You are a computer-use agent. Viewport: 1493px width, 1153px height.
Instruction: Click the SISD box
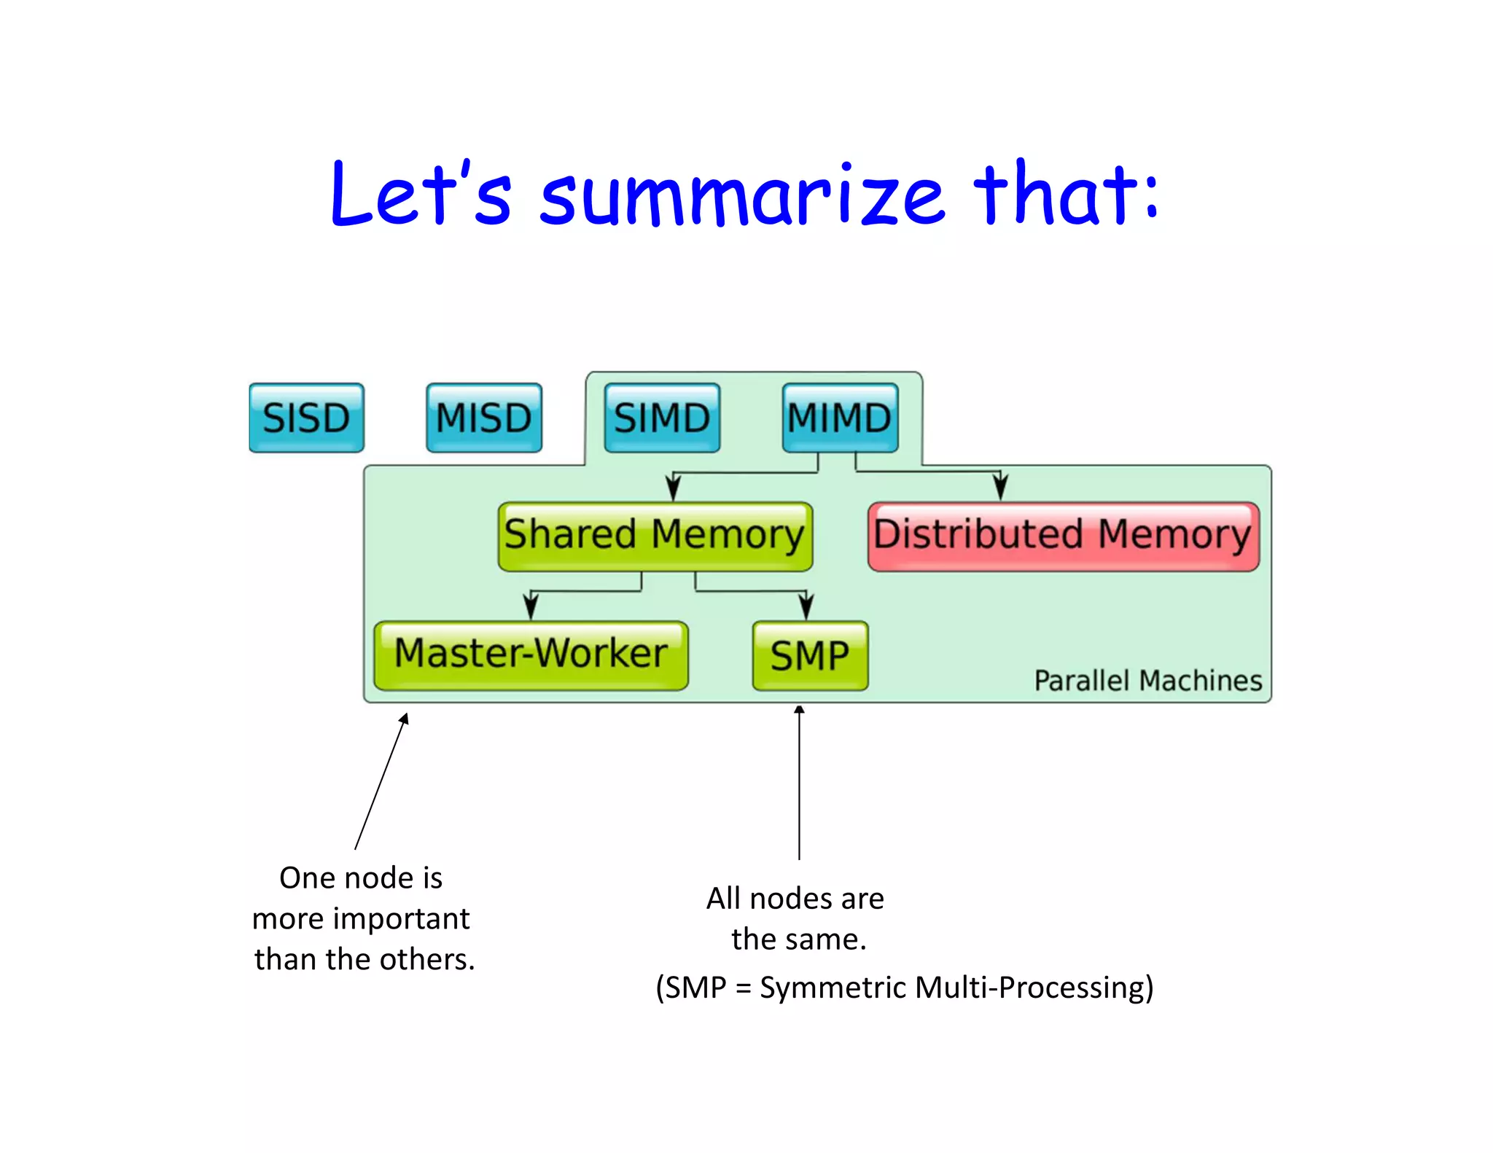pos(306,418)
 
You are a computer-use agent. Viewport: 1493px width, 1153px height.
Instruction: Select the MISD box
pos(484,418)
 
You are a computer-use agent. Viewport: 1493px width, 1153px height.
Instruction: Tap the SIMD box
pos(662,418)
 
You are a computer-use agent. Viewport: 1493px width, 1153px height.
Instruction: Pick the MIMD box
pos(840,418)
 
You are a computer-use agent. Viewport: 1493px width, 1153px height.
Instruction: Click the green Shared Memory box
pos(655,536)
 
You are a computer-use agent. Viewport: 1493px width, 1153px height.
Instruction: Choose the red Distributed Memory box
pos(1063,536)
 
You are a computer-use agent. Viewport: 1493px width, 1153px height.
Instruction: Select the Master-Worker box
pos(531,654)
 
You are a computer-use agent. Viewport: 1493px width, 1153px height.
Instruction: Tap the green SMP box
pos(810,655)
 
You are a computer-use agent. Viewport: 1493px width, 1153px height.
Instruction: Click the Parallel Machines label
pos(1147,680)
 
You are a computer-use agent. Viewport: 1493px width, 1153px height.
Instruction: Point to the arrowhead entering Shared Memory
pos(674,488)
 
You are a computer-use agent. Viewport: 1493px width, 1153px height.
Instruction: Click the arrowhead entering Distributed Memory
pos(1001,488)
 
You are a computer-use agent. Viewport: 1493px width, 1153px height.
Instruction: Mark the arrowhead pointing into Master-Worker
pos(531,607)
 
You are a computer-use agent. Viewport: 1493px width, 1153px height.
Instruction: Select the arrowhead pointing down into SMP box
pos(806,607)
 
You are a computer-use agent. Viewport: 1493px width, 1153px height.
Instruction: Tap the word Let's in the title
pos(421,193)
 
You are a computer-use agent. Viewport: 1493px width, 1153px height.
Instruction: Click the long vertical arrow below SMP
pos(799,783)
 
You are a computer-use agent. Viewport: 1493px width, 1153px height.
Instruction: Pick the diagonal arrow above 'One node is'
pos(381,781)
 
